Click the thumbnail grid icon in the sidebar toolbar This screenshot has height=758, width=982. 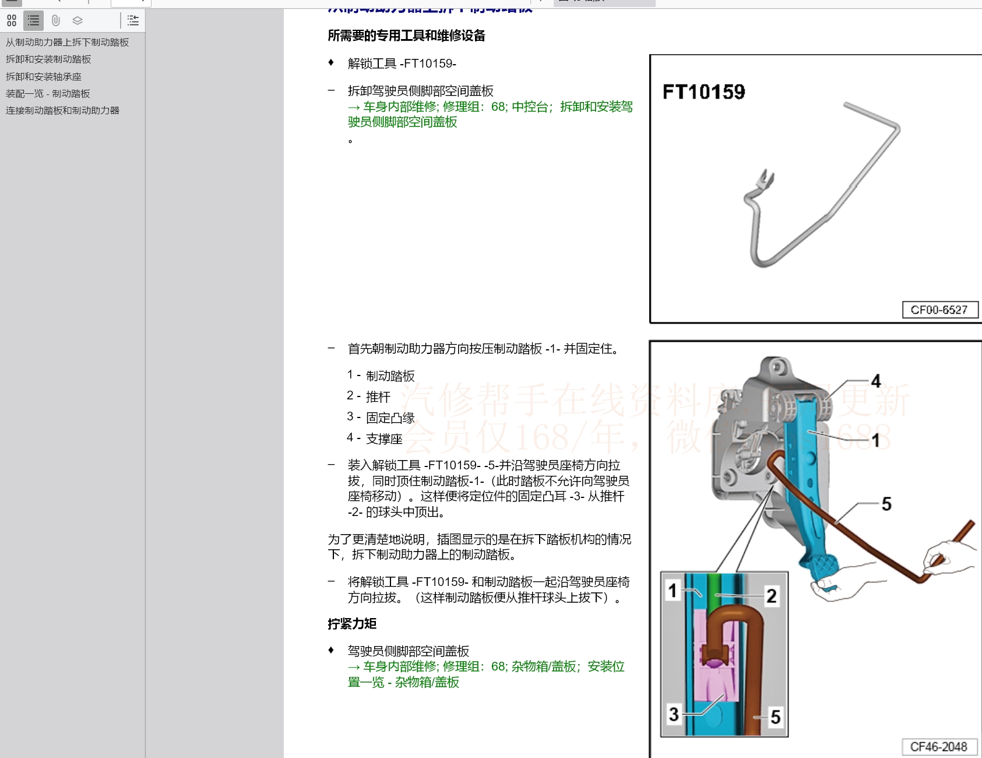tap(12, 21)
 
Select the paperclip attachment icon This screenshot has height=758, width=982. tap(55, 21)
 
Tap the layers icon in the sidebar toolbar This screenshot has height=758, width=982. tap(78, 21)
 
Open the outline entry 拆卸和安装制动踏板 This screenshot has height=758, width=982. tap(48, 59)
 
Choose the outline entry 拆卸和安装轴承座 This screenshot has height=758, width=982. tap(44, 76)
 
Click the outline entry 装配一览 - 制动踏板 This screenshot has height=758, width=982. tap(48, 93)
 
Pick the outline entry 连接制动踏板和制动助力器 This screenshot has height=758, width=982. tap(62, 110)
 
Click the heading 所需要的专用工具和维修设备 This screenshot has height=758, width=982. tap(406, 36)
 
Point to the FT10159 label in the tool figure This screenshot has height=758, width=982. tap(703, 92)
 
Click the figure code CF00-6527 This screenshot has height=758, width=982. tap(939, 310)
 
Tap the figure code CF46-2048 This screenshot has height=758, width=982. tap(938, 747)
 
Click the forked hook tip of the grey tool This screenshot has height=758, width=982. tap(765, 178)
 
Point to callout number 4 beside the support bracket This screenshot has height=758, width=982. tap(875, 381)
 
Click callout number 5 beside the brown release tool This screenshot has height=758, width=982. tap(886, 504)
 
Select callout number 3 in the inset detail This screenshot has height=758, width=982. tap(674, 714)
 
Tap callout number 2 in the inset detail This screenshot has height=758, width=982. tap(771, 596)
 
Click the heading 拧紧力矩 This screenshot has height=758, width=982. tap(352, 624)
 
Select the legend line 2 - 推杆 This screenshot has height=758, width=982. tap(368, 396)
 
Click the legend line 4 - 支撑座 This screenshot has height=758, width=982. tap(374, 438)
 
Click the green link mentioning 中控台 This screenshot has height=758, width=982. tap(490, 114)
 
